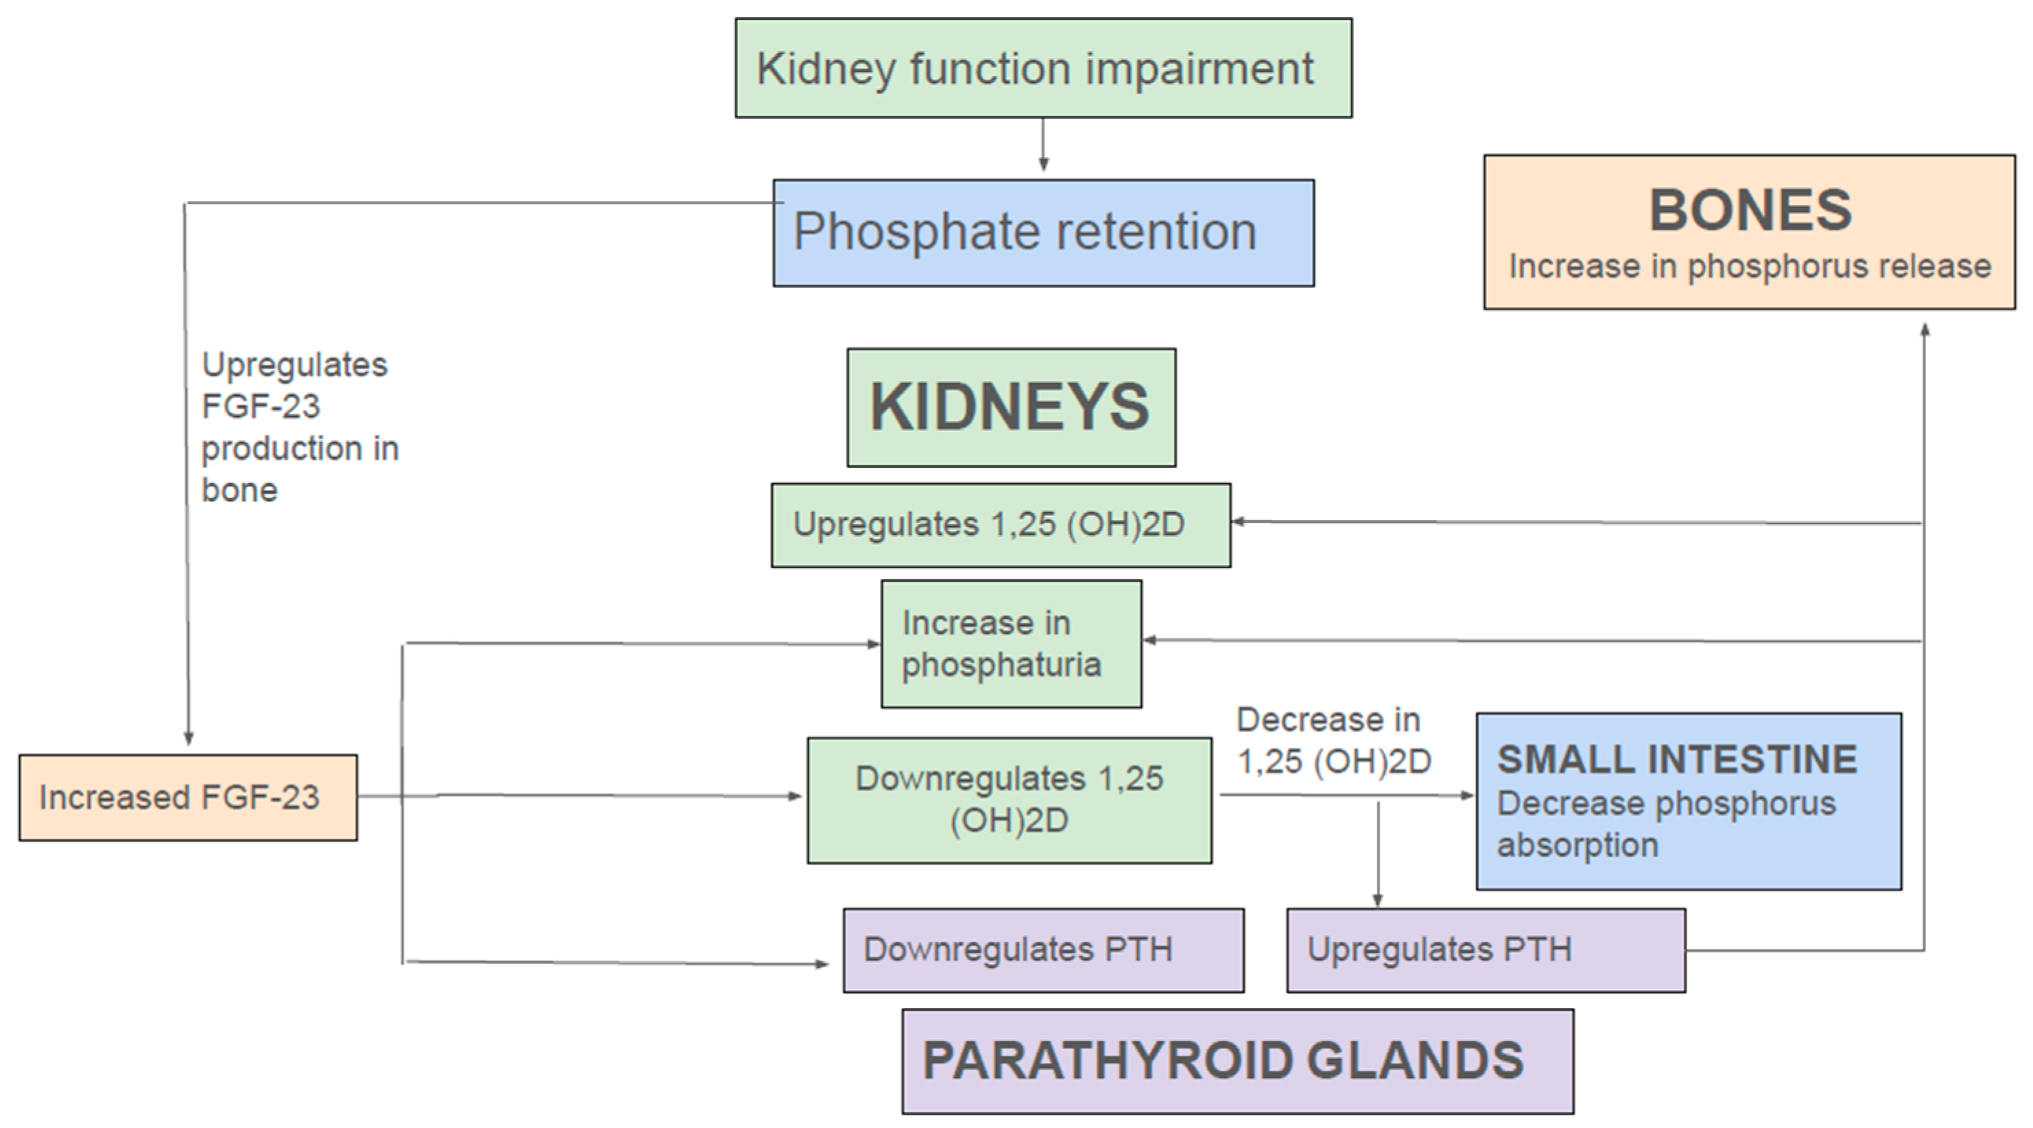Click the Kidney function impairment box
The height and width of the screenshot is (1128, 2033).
(x=1043, y=69)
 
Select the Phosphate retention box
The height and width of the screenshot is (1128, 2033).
(x=1043, y=233)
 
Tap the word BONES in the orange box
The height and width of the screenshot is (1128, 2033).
(x=1750, y=210)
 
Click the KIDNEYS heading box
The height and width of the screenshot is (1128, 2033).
(x=1011, y=408)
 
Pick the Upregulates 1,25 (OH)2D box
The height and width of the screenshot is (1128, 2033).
(x=1000, y=525)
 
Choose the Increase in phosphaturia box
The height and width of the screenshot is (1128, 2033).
(x=1011, y=644)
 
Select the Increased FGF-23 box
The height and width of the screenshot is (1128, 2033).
(x=188, y=797)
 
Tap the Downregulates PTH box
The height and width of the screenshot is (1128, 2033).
(x=1043, y=950)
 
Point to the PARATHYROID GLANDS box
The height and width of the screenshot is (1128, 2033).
(x=1237, y=1060)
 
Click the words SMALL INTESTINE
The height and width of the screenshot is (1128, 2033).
(x=1676, y=760)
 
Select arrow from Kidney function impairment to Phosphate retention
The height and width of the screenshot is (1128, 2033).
(x=1043, y=146)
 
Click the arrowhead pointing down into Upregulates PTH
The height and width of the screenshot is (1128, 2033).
(x=1377, y=900)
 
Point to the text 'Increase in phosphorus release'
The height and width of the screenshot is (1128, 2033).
(x=1749, y=266)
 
